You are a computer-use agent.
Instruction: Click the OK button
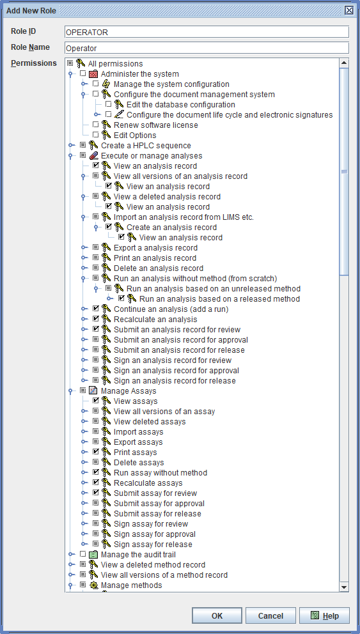point(217,616)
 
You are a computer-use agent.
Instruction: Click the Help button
point(324,616)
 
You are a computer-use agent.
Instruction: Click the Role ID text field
point(207,33)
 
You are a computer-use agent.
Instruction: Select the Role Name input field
point(207,48)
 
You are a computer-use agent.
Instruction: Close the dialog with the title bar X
point(349,10)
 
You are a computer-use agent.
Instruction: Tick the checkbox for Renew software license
point(95,125)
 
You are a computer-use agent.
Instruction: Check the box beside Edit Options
point(95,135)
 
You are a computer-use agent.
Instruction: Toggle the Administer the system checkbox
point(83,74)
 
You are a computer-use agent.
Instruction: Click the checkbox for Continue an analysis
point(95,309)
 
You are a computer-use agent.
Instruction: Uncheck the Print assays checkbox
point(95,452)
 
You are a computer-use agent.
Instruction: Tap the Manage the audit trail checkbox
point(83,554)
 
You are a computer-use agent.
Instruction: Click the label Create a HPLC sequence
point(146,146)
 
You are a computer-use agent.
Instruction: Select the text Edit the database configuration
point(181,105)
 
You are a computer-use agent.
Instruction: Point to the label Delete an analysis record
point(159,268)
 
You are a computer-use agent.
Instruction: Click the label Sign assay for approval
point(155,534)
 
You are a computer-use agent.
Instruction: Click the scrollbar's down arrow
point(344,587)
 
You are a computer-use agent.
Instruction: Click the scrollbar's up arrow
point(344,63)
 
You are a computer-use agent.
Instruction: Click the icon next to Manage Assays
point(93,391)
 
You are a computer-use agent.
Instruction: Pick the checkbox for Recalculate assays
point(95,483)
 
